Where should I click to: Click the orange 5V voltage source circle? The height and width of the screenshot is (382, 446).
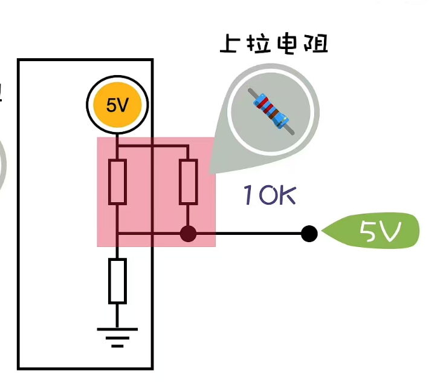coord(117,105)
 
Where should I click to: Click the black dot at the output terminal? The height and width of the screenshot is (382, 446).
coord(309,233)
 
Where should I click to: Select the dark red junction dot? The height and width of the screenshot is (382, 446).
coord(189,233)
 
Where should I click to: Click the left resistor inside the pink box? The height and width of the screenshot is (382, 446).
coord(117,182)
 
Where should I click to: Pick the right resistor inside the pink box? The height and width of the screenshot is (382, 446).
coord(189,182)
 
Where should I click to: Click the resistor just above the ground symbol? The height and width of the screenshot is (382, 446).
coord(117,281)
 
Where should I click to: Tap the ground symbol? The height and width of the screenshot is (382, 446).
coord(117,337)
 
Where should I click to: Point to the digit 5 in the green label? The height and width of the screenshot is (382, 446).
coord(367,231)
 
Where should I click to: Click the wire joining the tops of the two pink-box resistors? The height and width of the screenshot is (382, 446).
coord(153,147)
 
